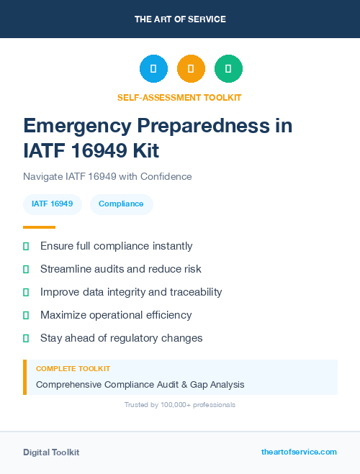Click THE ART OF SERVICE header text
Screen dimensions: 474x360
180,19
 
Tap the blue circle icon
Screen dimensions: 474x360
153,68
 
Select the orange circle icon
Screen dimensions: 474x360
191,68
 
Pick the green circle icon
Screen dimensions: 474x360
228,68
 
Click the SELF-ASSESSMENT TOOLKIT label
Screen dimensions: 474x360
179,97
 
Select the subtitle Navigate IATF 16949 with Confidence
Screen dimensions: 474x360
107,176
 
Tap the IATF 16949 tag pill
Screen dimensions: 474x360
53,204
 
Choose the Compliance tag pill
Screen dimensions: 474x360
121,204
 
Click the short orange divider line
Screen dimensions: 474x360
39,227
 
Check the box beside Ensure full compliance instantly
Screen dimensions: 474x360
26,246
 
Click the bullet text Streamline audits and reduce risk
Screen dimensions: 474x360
121,269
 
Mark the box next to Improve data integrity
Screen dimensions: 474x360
26,292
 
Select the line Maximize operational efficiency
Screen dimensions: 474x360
116,315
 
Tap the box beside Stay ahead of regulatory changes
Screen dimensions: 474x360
26,338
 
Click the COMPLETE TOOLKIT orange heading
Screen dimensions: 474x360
73,369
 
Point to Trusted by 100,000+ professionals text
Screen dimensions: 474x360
180,405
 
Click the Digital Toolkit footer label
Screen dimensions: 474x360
51,452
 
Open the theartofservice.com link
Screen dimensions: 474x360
299,452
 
